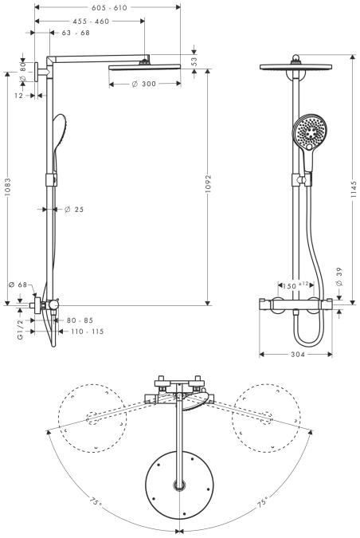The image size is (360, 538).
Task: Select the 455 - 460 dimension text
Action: point(91,22)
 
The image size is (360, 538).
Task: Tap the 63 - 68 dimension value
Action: point(76,33)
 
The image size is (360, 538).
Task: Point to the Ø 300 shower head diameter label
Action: point(143,84)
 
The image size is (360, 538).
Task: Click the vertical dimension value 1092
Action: point(209,184)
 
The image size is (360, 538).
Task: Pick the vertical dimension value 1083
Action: point(7,187)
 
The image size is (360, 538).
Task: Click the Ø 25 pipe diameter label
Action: point(74,210)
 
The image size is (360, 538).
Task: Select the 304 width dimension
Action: point(298,355)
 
